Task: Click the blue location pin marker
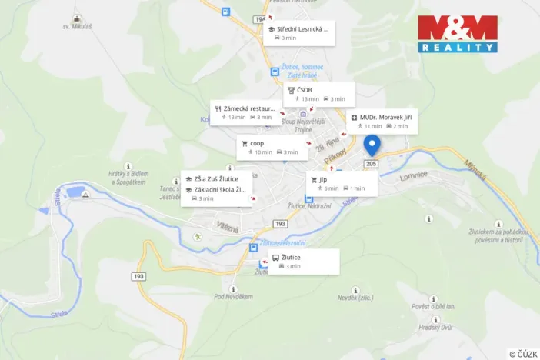click(x=373, y=145)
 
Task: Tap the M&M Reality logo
click(x=458, y=34)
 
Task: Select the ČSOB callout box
click(x=319, y=94)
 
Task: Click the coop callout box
click(x=272, y=148)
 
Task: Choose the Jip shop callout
click(x=342, y=183)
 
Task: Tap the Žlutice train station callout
click(x=302, y=261)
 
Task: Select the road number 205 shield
click(x=372, y=164)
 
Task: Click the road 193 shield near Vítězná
click(x=279, y=223)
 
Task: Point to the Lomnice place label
click(x=412, y=176)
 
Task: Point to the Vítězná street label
click(x=228, y=227)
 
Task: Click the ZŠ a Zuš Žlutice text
click(x=216, y=178)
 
